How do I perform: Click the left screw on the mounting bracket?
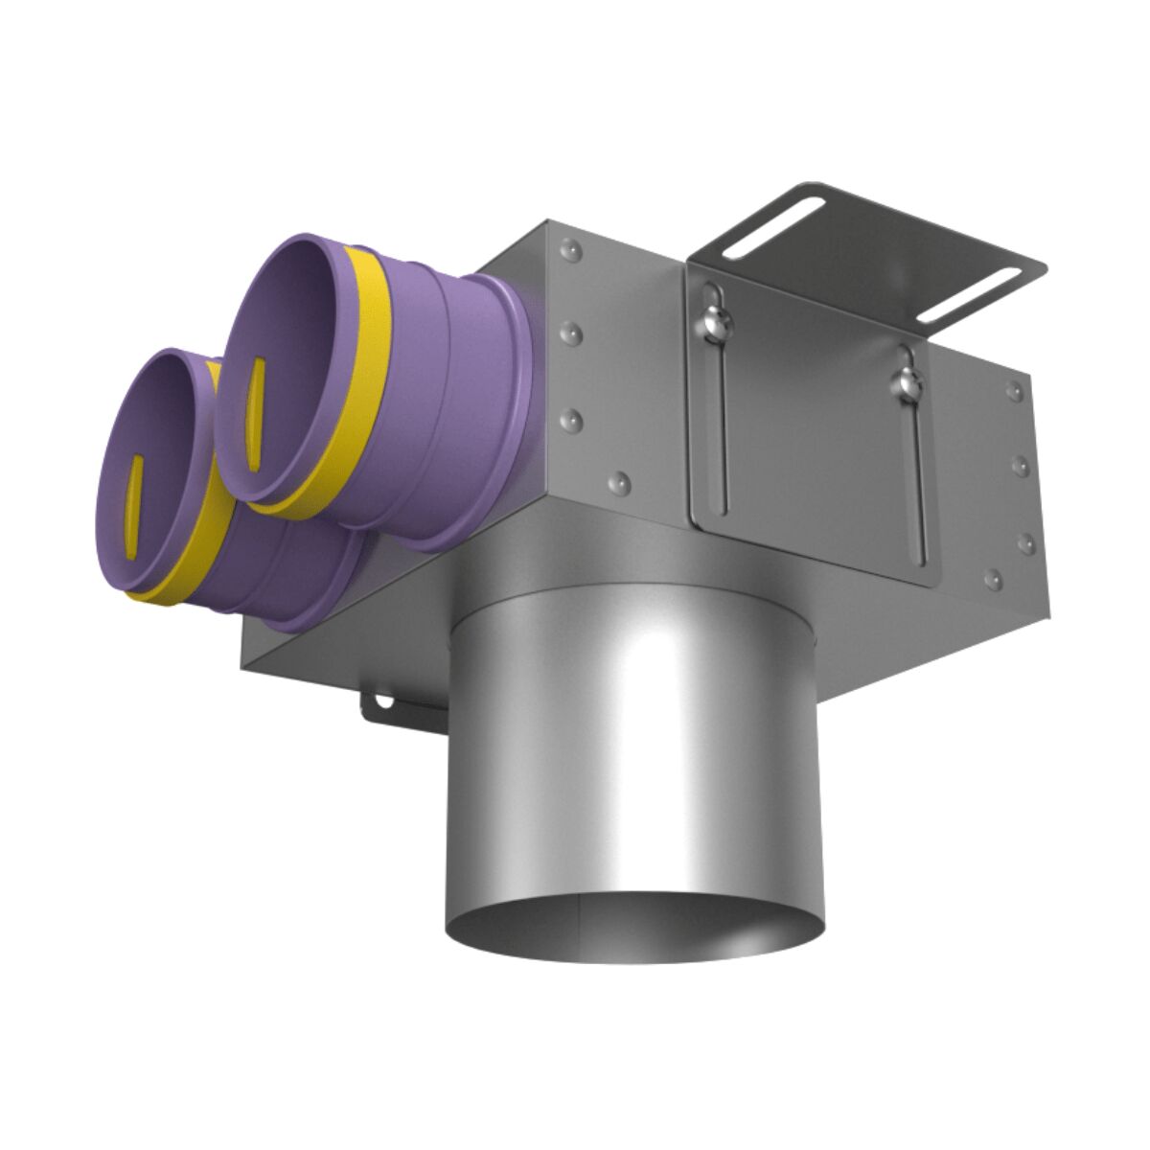(x=714, y=321)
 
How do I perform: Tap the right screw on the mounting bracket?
(x=905, y=383)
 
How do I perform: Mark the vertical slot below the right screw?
(x=917, y=479)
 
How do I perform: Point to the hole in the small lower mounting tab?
(x=384, y=701)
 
